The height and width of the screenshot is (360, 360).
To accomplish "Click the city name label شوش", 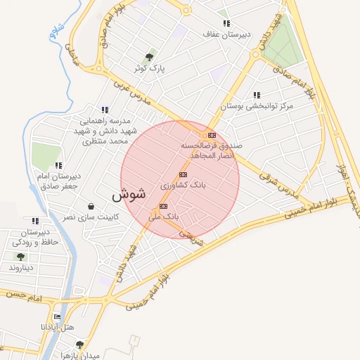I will [x=128, y=195].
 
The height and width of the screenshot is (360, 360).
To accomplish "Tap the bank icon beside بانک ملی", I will [x=163, y=207].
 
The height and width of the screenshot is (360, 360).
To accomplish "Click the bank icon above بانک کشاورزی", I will [x=184, y=174].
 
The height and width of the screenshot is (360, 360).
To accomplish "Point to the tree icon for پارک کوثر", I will [x=148, y=57].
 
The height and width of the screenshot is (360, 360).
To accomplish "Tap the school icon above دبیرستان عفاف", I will [x=226, y=23].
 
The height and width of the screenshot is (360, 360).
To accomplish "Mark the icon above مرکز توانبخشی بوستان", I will [x=257, y=95].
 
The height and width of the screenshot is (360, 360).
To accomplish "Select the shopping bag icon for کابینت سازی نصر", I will [x=91, y=207].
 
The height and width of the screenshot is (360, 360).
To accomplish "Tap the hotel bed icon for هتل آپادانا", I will [x=57, y=317].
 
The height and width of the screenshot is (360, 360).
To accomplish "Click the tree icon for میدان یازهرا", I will [x=79, y=345].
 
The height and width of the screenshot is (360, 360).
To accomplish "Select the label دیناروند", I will [x=20, y=269].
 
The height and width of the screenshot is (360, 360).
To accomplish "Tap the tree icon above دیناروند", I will [x=20, y=257].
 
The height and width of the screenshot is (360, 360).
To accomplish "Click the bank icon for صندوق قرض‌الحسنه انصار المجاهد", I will [x=212, y=135].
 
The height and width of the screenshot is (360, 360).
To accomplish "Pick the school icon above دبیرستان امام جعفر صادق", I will [x=58, y=165].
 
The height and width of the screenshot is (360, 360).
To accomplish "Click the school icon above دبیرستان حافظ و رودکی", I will [x=35, y=221].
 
